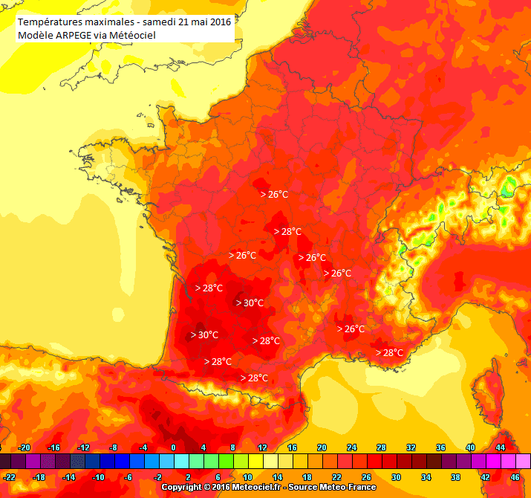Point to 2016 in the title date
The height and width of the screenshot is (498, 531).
[x=220, y=22]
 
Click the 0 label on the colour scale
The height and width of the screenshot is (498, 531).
[x=173, y=447]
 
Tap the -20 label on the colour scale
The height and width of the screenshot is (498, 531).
[x=24, y=447]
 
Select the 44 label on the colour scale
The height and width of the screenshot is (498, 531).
[x=500, y=447]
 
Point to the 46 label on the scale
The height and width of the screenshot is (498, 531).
[x=515, y=477]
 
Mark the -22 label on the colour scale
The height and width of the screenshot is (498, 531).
[x=9, y=477]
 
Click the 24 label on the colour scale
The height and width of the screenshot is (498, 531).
[x=351, y=447]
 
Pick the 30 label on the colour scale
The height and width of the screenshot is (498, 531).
[x=396, y=477]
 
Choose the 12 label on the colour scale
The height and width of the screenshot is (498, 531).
[x=262, y=447]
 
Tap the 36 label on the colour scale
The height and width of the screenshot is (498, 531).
[x=440, y=447]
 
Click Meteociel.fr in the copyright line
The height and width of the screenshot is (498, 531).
[x=256, y=488]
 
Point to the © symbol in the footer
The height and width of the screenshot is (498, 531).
[x=206, y=488]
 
